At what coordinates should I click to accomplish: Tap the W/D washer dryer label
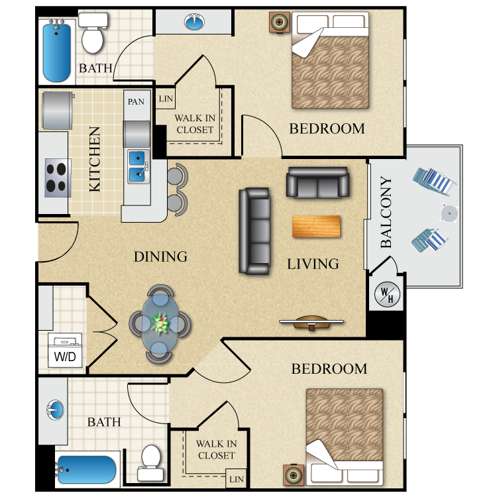point(65,357)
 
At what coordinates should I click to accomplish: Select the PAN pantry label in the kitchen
point(136,101)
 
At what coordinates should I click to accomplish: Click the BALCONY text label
point(386,212)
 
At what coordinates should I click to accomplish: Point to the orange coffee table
point(316,226)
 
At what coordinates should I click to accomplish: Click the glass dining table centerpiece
point(160,323)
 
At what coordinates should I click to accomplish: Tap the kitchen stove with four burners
point(58,178)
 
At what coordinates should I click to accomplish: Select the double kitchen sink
point(138,166)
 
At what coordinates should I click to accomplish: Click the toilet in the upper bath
point(92,34)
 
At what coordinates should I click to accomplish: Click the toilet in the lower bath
point(151,463)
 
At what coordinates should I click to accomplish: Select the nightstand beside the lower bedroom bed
point(294,474)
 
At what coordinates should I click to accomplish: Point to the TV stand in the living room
point(311,323)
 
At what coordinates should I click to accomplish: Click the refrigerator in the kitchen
point(56,111)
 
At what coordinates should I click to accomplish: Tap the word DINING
point(160,256)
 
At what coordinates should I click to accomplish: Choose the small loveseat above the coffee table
point(317,182)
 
